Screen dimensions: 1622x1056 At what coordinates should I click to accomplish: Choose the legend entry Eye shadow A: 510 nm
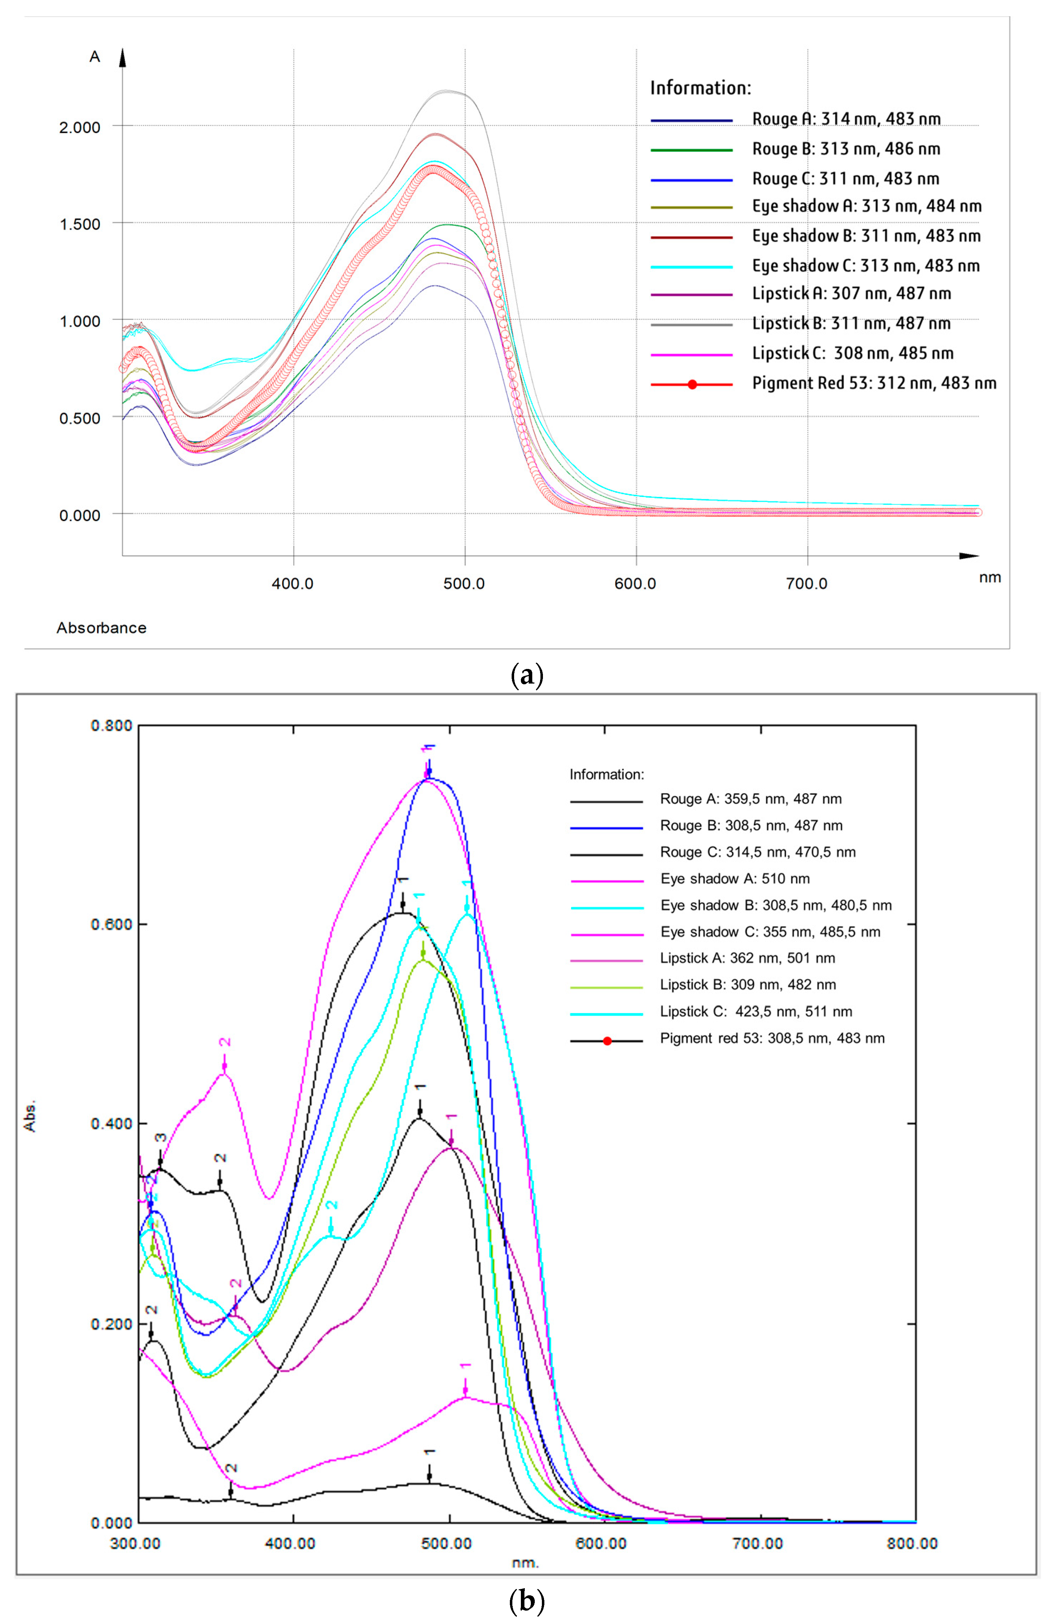pos(734,879)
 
